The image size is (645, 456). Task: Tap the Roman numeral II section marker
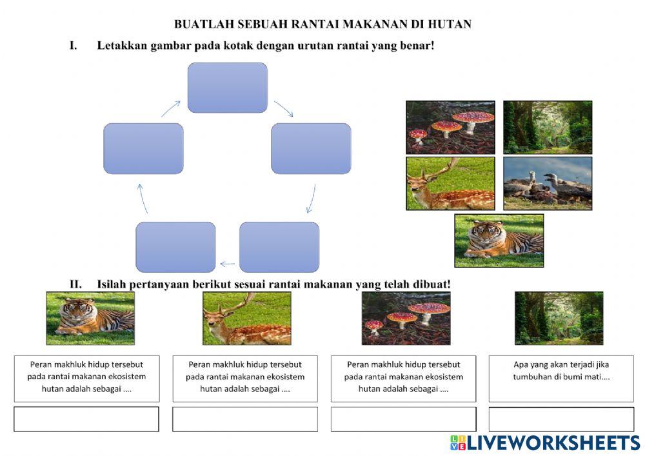pos(75,284)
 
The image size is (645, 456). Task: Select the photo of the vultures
pos(547,183)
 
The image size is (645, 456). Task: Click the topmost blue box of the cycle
pos(227,88)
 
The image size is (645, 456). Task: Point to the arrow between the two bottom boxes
pos(227,263)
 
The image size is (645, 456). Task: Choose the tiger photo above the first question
pos(90,318)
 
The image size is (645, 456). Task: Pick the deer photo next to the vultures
pos(450,183)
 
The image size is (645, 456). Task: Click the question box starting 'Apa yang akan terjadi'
pos(561,378)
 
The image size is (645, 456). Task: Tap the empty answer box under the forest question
pos(561,419)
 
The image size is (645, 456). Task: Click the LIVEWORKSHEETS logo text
pos(553,442)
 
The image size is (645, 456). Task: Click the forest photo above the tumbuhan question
pos(559,318)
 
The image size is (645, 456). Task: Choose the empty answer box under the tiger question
pos(86,419)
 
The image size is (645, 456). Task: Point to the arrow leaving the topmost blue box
pos(284,108)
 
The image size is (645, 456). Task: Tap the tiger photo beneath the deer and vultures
pos(499,240)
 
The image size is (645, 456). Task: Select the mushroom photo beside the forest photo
pos(450,127)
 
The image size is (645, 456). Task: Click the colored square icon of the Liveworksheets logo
pos(458,442)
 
